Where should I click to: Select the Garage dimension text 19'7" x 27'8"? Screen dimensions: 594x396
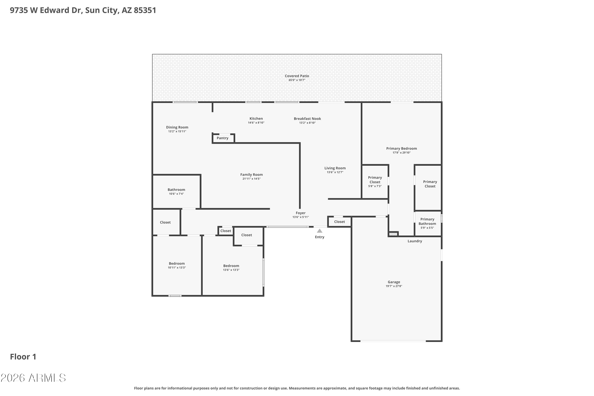coord(394,286)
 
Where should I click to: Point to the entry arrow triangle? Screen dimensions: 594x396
coord(320,231)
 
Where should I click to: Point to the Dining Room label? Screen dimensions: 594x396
coord(177,127)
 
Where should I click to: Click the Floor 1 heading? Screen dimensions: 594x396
coord(23,357)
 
